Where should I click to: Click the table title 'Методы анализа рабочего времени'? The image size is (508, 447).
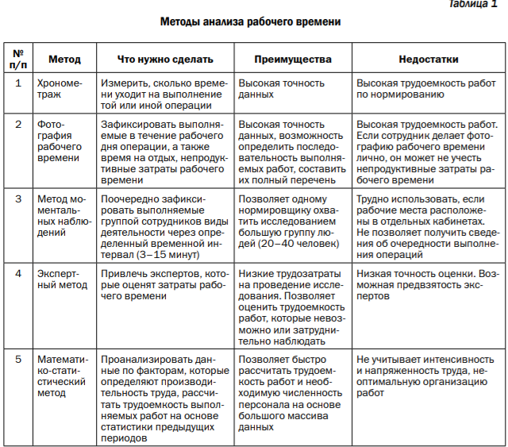click(x=251, y=22)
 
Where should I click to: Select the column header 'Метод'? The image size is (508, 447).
click(x=63, y=60)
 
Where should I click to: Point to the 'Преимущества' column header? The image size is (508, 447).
click(x=292, y=60)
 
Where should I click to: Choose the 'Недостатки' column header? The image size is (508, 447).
click(x=428, y=60)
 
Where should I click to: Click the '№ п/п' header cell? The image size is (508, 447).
click(x=18, y=60)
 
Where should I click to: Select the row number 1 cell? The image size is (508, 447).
click(x=18, y=82)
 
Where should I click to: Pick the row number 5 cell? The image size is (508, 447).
click(x=18, y=360)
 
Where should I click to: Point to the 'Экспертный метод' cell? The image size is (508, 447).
click(x=64, y=279)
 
